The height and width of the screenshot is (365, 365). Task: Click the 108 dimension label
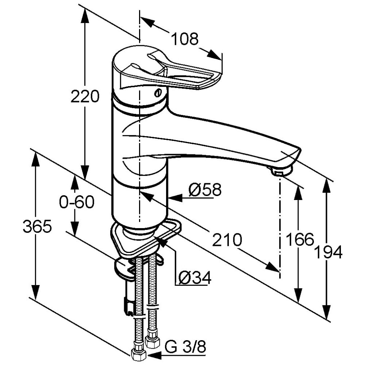click(x=185, y=39)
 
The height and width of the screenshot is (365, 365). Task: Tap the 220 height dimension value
click(x=85, y=97)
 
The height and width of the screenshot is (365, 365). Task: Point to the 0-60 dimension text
click(x=77, y=202)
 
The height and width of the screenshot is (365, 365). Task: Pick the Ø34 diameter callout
click(x=195, y=277)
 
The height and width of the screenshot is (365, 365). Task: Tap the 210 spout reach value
click(x=227, y=239)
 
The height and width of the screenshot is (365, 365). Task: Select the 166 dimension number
click(x=300, y=239)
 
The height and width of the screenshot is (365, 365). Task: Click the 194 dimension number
click(x=328, y=252)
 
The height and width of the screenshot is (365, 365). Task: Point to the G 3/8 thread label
click(x=185, y=347)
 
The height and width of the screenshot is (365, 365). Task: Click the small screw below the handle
click(x=158, y=93)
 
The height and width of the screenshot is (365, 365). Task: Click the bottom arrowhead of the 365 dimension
click(x=35, y=293)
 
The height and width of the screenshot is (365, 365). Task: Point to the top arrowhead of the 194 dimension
click(x=327, y=185)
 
